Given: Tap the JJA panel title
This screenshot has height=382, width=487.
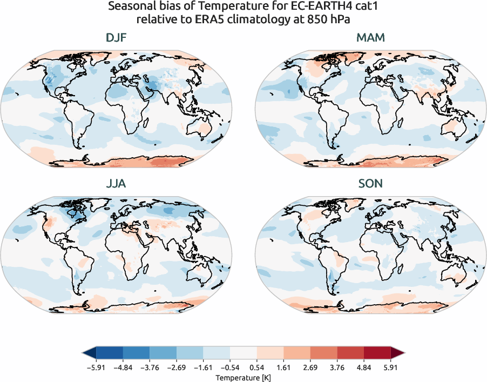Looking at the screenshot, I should pos(117,184).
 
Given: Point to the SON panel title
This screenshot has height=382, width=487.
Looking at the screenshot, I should pos(370,184).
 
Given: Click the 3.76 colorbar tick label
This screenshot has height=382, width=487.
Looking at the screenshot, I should pos(337,366).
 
